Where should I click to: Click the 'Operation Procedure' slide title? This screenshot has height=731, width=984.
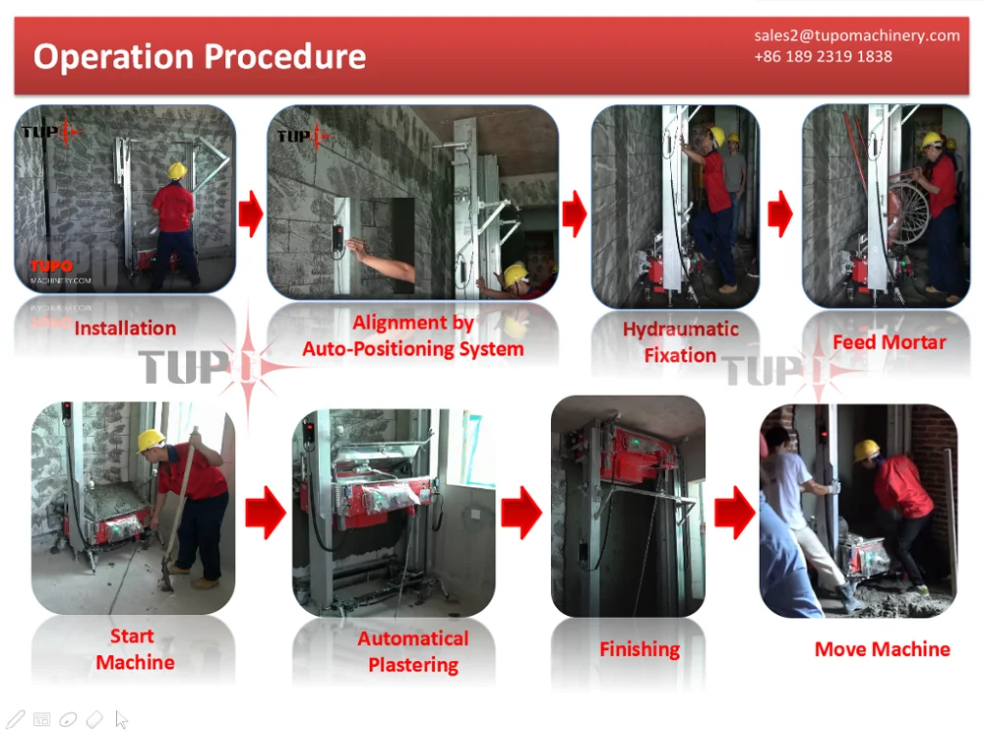200,57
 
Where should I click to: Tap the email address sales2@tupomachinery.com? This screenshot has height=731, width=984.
857,35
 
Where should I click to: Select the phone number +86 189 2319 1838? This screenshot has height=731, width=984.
823,56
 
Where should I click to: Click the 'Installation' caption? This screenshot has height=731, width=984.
125,328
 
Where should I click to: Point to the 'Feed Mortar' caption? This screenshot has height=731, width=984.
890,342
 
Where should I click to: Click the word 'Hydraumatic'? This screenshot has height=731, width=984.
680,330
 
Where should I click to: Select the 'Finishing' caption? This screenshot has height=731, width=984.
640,649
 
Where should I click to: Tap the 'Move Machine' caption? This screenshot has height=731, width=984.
883,648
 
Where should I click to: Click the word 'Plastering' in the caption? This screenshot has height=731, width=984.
413,665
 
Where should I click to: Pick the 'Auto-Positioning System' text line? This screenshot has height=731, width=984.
413,349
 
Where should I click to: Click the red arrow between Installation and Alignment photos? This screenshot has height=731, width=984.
251,213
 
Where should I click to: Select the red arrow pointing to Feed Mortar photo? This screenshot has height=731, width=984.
780,213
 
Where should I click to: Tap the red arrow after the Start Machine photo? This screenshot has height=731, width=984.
266,512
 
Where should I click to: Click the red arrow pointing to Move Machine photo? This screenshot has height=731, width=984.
735,512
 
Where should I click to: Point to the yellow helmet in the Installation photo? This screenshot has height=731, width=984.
177,170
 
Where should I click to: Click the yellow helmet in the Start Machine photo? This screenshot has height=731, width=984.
151,439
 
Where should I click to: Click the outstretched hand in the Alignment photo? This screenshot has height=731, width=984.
357,250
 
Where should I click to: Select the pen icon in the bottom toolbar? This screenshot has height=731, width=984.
15,719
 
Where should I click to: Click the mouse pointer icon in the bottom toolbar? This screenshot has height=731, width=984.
122,719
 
